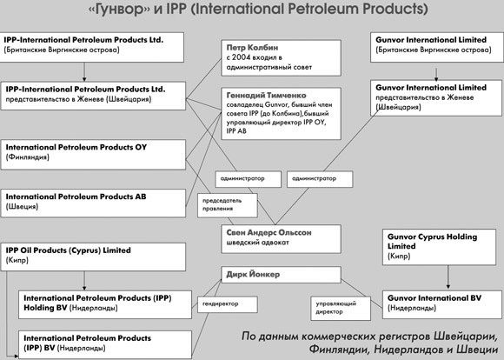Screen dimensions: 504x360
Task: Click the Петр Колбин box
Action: (x=281, y=58)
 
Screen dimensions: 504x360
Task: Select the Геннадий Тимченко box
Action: (x=281, y=114)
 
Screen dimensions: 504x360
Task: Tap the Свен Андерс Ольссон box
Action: (x=281, y=239)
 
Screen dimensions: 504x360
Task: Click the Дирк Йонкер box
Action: (x=281, y=275)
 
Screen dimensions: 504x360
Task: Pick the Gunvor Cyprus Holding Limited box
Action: (x=439, y=247)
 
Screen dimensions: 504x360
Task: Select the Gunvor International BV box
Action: (x=442, y=304)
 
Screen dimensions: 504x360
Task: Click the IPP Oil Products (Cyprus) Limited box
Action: (x=93, y=257)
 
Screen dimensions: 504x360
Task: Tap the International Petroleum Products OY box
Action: (x=93, y=155)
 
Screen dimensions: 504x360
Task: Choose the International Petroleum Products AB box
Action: (x=93, y=203)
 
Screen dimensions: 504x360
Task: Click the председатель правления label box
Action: (x=228, y=205)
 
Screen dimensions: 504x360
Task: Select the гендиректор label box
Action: (x=228, y=304)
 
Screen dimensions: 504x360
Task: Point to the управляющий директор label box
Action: (x=341, y=308)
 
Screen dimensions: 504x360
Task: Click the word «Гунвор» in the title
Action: (x=119, y=9)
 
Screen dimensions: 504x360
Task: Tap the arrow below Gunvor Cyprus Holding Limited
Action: (x=448, y=277)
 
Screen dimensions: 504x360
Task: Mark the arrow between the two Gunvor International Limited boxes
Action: (x=436, y=74)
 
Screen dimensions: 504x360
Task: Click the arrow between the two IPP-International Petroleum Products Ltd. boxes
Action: (x=84, y=72)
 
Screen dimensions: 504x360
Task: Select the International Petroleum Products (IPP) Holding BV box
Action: (x=105, y=304)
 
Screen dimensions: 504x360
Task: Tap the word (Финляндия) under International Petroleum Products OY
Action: (x=27, y=157)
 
